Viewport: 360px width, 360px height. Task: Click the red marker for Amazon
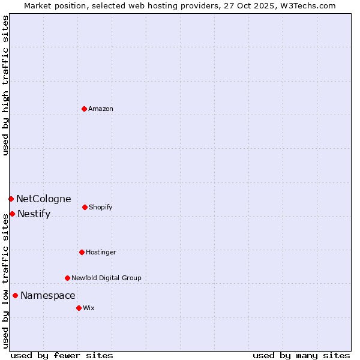tap(84, 109)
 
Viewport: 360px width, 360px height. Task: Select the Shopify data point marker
tap(85, 207)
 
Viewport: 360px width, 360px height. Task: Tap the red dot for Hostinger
tap(82, 252)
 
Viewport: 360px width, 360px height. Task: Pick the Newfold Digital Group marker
tap(67, 278)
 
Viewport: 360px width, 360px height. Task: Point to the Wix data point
tap(79, 308)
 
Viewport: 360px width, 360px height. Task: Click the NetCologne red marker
tap(11, 199)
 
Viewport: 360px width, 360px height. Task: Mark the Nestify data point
tap(12, 214)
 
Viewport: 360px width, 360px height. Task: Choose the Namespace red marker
tap(15, 295)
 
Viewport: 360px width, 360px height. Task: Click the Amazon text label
tap(101, 109)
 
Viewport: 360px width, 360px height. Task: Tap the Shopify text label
tap(101, 207)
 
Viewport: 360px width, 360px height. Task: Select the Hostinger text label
tap(101, 252)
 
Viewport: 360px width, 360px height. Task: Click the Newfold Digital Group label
tap(106, 278)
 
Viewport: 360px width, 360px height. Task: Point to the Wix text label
tap(89, 308)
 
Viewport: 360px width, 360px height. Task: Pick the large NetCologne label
tap(44, 199)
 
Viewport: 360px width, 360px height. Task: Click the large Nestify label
tap(34, 214)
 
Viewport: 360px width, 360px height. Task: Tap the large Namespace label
tap(48, 295)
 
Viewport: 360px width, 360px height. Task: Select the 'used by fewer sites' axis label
tap(62, 355)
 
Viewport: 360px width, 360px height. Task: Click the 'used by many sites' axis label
tap(301, 355)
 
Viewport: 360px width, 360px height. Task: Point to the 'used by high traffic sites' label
tap(5, 85)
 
